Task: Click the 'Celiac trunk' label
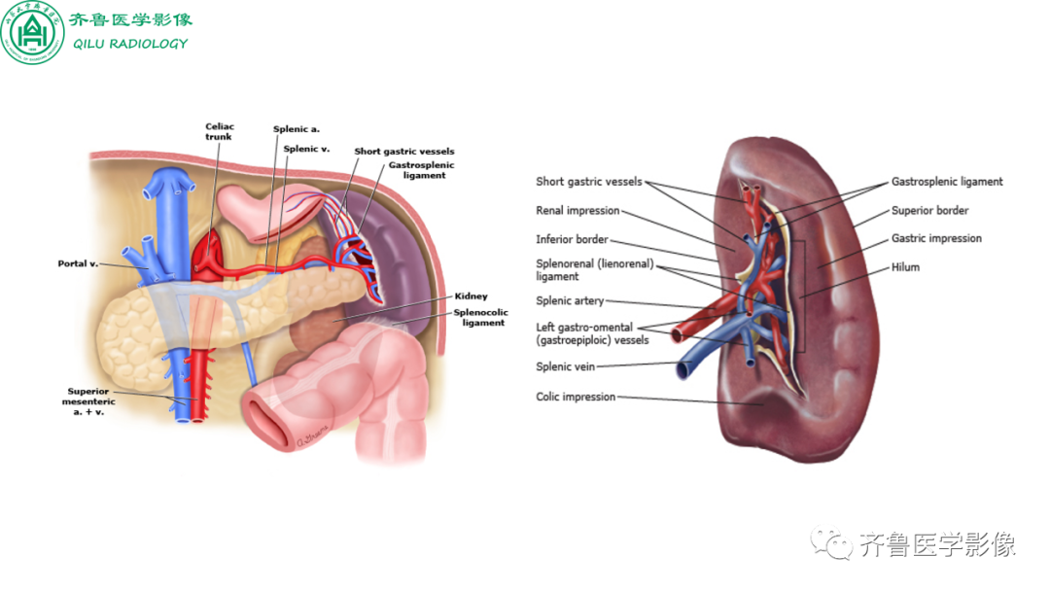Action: pyautogui.click(x=219, y=131)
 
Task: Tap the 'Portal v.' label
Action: pyautogui.click(x=78, y=263)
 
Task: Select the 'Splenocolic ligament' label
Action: pyautogui.click(x=481, y=317)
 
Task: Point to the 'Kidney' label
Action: pyautogui.click(x=471, y=295)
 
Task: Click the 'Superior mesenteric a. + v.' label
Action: pyautogui.click(x=88, y=401)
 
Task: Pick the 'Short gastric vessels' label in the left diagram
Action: pyautogui.click(x=403, y=152)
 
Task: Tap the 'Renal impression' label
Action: pyautogui.click(x=577, y=210)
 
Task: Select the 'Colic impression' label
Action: pyautogui.click(x=576, y=397)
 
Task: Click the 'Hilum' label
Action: pyautogui.click(x=905, y=267)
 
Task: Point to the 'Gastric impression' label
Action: pyautogui.click(x=936, y=238)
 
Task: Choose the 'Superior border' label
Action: pyautogui.click(x=929, y=210)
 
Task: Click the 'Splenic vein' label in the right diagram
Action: pyautogui.click(x=565, y=366)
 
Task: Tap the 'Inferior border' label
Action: pyautogui.click(x=572, y=239)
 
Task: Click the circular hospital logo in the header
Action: pyautogui.click(x=32, y=32)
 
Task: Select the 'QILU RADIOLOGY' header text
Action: pyautogui.click(x=130, y=44)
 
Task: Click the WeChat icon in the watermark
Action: pyautogui.click(x=831, y=542)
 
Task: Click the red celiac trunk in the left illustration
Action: pyautogui.click(x=209, y=255)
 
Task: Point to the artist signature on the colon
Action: pyautogui.click(x=313, y=435)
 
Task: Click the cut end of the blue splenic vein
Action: pyautogui.click(x=683, y=369)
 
